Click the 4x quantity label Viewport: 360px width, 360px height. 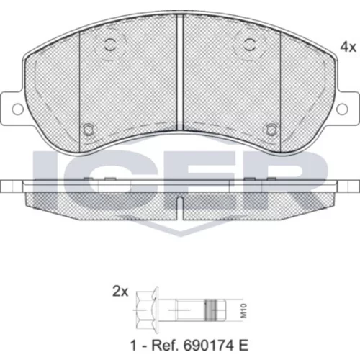point(348,47)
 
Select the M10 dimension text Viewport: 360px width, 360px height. point(244,311)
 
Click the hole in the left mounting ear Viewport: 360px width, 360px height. point(17,109)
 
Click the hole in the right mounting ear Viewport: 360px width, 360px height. point(342,109)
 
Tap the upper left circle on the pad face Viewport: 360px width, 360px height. point(110,45)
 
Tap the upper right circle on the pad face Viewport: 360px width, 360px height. point(249,45)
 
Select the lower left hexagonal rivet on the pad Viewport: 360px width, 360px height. point(89,130)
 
